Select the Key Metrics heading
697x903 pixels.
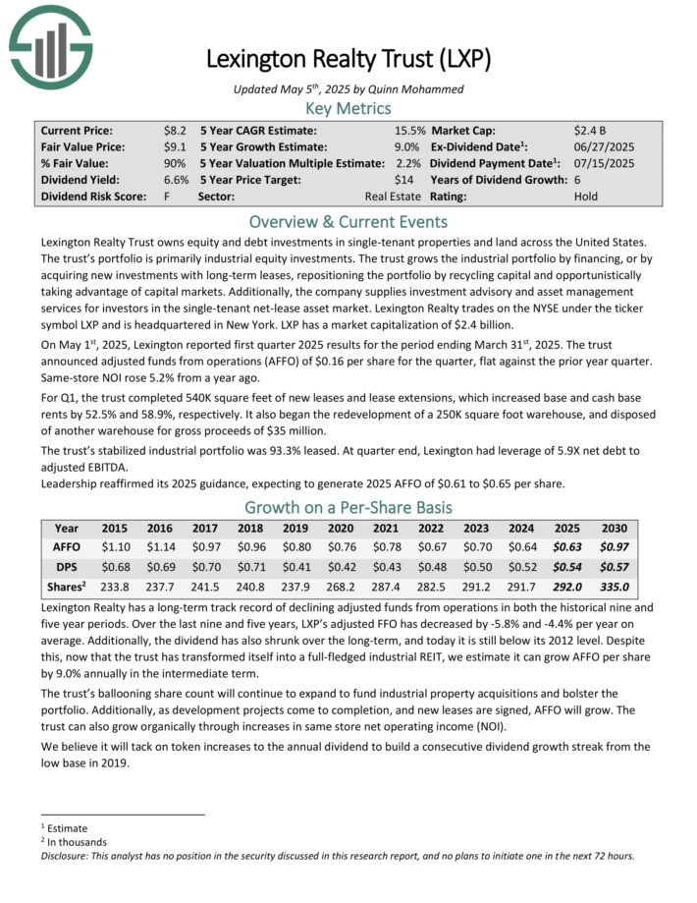click(x=348, y=108)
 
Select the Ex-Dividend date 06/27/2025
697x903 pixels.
click(x=604, y=145)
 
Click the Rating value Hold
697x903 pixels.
click(x=586, y=196)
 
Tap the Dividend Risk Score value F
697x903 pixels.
click(x=168, y=196)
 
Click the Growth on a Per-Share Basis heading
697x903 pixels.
click(x=348, y=507)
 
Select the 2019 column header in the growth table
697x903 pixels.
click(x=295, y=528)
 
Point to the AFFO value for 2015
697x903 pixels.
click(x=115, y=545)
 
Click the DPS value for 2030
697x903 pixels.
click(x=611, y=567)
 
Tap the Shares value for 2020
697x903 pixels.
click(x=341, y=588)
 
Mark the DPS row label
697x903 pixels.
click(x=67, y=567)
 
